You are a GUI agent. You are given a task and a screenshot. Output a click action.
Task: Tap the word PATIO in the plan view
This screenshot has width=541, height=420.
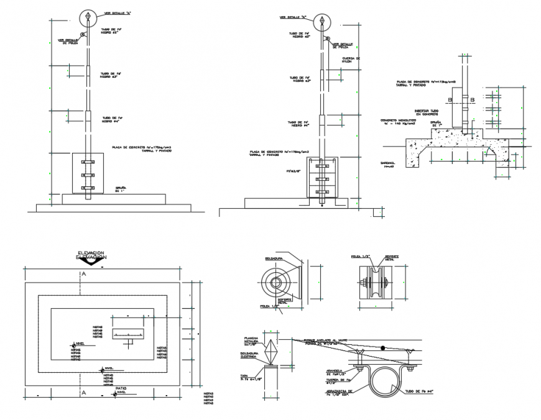coord(121,388)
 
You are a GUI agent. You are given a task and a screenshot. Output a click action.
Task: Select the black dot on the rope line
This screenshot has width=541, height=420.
coord(383,347)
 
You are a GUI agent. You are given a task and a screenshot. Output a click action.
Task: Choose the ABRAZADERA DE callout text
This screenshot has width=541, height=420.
coord(343,392)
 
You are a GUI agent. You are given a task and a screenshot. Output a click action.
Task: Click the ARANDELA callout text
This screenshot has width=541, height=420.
coord(336,373)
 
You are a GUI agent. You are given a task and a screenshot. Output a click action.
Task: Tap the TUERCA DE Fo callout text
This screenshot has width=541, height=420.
coord(341,381)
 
